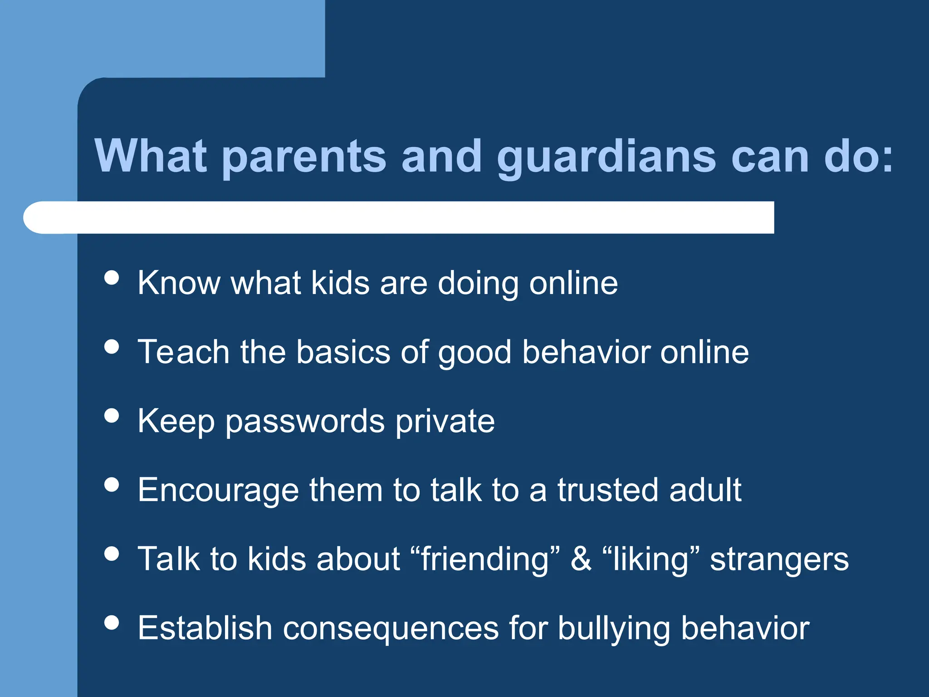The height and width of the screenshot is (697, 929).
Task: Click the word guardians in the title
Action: (606, 157)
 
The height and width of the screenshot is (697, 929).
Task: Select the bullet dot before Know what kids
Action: (112, 277)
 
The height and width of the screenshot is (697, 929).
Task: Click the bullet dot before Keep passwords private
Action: (112, 415)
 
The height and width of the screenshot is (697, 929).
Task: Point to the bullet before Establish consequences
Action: (112, 622)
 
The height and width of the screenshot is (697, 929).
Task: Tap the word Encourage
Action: (218, 491)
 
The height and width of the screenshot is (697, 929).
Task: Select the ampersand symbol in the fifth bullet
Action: (581, 559)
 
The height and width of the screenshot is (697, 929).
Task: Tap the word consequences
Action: (391, 629)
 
